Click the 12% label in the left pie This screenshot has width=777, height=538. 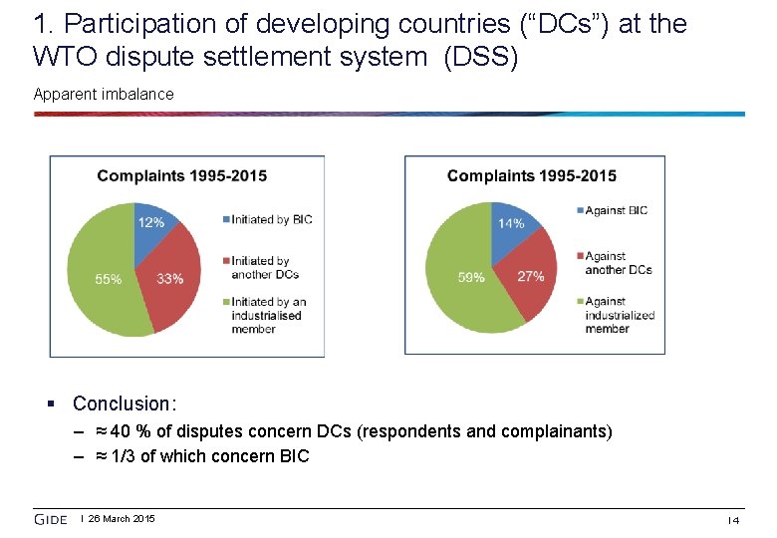click(x=150, y=221)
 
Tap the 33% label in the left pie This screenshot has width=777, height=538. click(x=169, y=279)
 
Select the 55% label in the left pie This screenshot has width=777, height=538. click(x=108, y=280)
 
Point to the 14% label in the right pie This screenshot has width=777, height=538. click(x=510, y=224)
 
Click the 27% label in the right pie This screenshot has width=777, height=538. click(x=530, y=276)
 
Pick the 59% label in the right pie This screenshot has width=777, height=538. click(x=470, y=278)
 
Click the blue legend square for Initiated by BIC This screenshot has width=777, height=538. click(x=224, y=219)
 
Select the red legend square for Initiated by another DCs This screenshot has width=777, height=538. click(x=224, y=261)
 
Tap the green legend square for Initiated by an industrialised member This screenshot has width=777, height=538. click(x=224, y=302)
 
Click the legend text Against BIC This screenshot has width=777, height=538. click(x=616, y=210)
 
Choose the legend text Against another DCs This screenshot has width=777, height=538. click(x=618, y=263)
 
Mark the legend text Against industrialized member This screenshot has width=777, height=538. click(x=619, y=315)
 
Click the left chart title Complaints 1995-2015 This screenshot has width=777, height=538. click(x=181, y=176)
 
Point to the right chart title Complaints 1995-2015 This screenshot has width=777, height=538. click(x=531, y=176)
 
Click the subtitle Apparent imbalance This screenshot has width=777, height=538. click(x=104, y=95)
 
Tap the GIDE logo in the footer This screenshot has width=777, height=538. click(x=51, y=519)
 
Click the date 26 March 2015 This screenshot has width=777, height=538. click(x=122, y=519)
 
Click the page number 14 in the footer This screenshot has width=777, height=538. click(x=732, y=520)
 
